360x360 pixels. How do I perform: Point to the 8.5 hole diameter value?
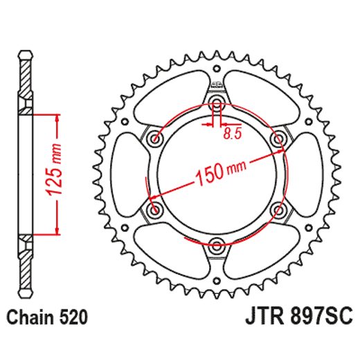pos(233,135)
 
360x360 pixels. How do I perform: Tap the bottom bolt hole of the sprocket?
pos(217,244)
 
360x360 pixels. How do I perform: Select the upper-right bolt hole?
pos(278,140)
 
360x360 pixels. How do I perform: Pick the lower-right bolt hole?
pos(278,209)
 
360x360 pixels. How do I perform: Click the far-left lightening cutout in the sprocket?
pos(127,174)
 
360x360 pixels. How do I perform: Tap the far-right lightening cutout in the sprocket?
pos(307,174)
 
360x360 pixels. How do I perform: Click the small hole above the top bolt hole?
pos(217,70)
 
